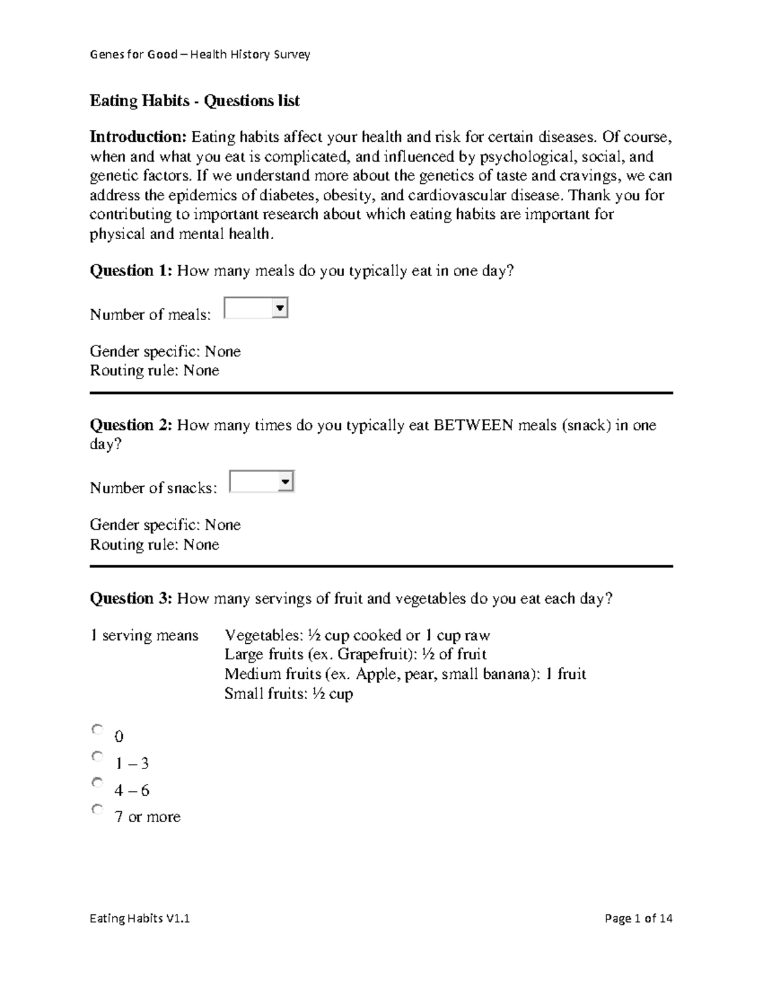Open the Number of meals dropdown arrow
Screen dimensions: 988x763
click(279, 309)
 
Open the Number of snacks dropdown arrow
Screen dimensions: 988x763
click(285, 482)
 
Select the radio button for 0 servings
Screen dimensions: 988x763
click(97, 730)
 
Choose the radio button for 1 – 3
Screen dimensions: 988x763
click(97, 756)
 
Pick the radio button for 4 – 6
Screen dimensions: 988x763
click(97, 783)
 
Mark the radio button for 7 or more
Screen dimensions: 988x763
click(97, 810)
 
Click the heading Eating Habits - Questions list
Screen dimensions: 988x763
click(195, 101)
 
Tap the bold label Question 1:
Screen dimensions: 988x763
click(131, 271)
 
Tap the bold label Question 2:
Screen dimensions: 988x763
click(131, 425)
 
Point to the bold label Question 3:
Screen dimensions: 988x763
click(131, 599)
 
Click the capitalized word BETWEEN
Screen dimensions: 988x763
click(473, 425)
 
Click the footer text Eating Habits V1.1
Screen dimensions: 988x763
click(140, 919)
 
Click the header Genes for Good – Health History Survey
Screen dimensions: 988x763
click(200, 55)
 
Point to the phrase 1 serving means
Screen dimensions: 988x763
click(144, 636)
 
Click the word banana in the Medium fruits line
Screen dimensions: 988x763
click(502, 674)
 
